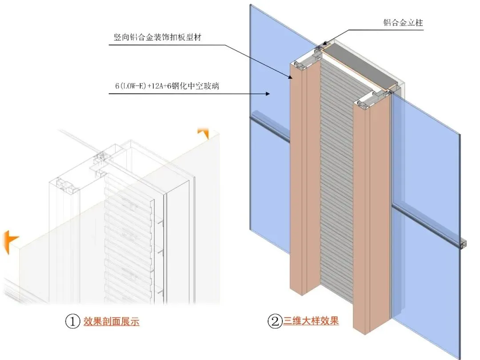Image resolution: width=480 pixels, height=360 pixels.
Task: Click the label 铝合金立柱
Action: point(403,22)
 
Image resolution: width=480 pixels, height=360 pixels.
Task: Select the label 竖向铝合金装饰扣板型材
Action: point(155,38)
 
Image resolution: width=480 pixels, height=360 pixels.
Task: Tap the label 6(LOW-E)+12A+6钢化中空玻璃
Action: point(164,86)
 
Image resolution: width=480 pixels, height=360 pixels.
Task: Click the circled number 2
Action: point(274,321)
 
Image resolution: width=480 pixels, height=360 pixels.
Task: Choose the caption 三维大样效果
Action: point(311,321)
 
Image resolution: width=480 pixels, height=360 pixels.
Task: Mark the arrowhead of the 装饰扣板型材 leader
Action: point(291,78)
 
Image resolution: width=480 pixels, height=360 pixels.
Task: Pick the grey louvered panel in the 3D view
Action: point(337,178)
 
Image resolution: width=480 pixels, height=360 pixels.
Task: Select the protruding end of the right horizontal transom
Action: point(464,244)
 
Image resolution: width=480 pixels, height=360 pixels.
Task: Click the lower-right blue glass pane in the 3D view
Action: point(427,289)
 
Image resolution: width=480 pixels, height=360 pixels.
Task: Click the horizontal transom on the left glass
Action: point(269,129)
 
